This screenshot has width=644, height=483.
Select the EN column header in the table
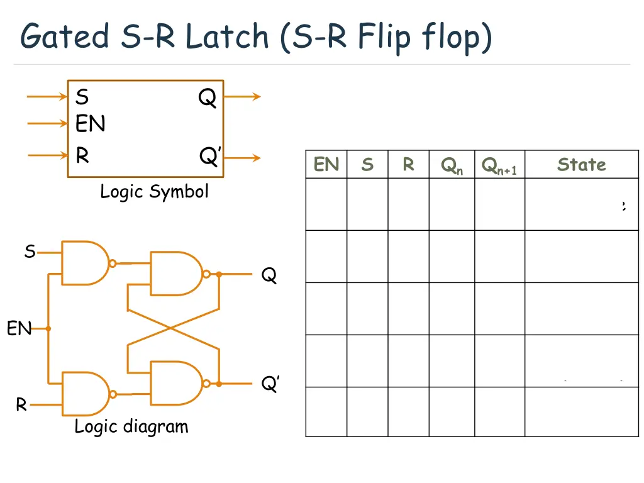326,165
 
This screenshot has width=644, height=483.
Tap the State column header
581,165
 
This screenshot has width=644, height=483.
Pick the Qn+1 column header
499,166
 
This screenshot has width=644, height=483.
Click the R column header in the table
408,165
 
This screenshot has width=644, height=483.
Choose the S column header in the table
367,165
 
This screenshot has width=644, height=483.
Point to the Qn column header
452,166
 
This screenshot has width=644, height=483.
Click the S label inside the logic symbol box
82,97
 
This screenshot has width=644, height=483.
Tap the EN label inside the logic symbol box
90,124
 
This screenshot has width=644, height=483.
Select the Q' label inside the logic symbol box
209,156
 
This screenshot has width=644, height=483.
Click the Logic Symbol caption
154,191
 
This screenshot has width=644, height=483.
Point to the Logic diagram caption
131,426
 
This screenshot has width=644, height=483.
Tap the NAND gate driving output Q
175,274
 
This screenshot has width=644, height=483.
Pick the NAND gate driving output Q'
175,383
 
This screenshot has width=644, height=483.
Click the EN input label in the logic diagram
19,328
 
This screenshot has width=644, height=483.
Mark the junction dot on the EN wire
48,328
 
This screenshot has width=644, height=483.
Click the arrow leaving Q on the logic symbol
242,97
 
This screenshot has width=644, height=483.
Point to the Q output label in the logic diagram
269,275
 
